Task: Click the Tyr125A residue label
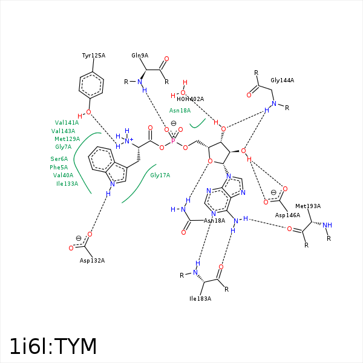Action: point(94,56)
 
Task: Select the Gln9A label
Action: point(140,56)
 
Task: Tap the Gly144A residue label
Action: point(282,80)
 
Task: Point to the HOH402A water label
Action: point(190,99)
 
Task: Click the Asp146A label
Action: point(287,215)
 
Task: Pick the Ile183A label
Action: point(200,298)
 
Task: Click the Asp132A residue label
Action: point(92,260)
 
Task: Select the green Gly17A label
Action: point(160,175)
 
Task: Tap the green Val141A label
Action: point(67,122)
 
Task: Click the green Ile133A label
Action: point(67,183)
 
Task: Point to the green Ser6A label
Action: point(59,159)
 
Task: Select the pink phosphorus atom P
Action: point(173,141)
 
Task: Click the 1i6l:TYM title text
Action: point(53,346)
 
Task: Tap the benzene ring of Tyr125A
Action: point(91,85)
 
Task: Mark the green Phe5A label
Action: point(59,167)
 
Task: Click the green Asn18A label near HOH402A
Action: point(180,111)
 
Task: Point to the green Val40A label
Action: point(63,175)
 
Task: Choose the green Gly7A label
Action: point(63,146)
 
